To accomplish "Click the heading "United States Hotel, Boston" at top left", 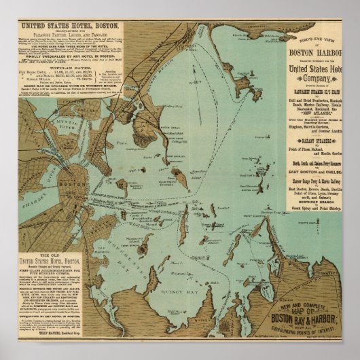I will tap(65, 26).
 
